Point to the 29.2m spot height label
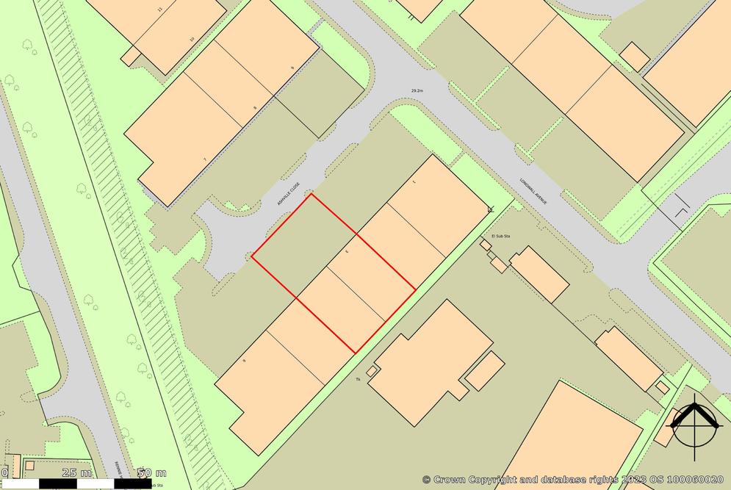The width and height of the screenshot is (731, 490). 417,91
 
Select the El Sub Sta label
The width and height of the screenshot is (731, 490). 500,236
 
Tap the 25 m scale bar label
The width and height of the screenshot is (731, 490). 76,472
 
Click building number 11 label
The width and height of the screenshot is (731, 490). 159,10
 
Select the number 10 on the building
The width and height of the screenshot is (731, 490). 192,40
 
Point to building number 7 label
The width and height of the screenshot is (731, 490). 204,159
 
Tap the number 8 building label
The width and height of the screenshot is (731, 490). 255,109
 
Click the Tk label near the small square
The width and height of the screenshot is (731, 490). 358,379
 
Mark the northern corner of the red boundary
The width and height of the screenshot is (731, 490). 311,194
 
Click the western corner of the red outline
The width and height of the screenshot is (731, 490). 252,257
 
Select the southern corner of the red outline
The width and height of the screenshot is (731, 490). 356,353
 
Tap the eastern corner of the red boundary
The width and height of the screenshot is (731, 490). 416,288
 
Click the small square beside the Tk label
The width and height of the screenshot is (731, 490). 372,372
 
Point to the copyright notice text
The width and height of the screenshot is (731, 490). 572,479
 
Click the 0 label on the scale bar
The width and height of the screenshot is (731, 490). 4,472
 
